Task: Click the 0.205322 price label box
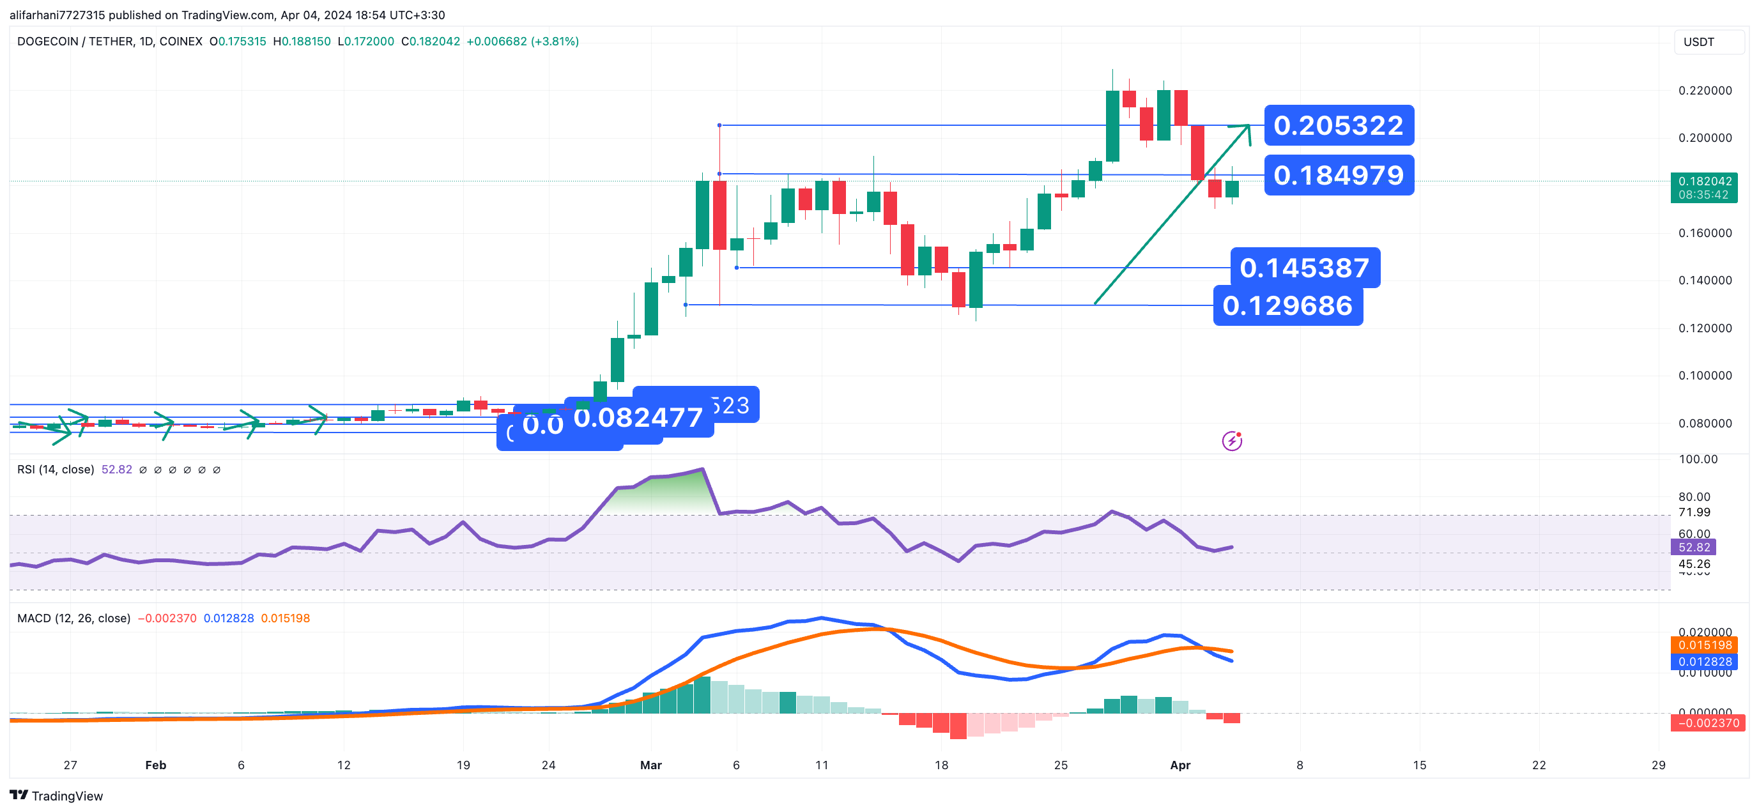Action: (x=1339, y=125)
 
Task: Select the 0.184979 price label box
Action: (x=1339, y=175)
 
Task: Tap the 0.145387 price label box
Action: (x=1304, y=268)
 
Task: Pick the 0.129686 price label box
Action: (x=1287, y=305)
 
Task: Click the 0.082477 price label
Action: (x=638, y=417)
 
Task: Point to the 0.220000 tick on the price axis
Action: (x=1705, y=90)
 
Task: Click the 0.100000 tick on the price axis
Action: (x=1705, y=375)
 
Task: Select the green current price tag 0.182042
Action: (x=1705, y=187)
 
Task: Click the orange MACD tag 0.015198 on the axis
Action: (x=1705, y=645)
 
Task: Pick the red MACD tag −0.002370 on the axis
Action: (x=1707, y=723)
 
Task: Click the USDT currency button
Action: (x=1707, y=42)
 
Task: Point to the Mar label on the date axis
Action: (x=650, y=765)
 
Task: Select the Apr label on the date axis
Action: (x=1179, y=765)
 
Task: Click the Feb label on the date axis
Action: (x=156, y=765)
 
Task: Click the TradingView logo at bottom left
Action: (x=56, y=795)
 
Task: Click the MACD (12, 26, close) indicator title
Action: (x=73, y=618)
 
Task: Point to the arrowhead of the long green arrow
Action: (x=1248, y=126)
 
